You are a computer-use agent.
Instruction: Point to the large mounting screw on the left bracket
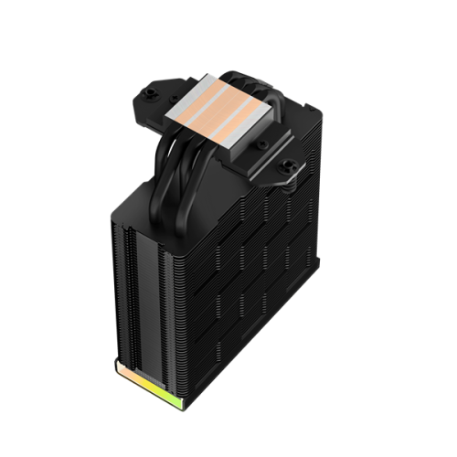click(150, 93)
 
